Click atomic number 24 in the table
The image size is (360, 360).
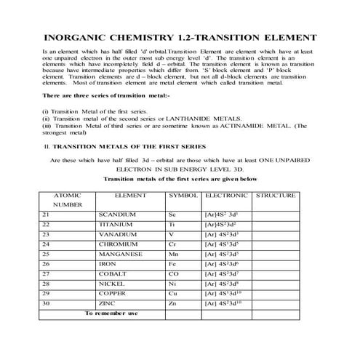tap(46, 245)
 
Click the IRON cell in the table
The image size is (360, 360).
tap(108, 265)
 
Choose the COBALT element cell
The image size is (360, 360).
tap(113, 274)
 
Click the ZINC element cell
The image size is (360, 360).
tap(108, 303)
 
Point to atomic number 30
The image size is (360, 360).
tap(46, 303)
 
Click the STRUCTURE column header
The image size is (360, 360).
tap(276, 196)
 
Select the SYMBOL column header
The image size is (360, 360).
tap(183, 196)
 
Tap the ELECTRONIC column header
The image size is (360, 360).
tap(228, 196)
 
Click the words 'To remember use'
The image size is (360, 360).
tap(111, 313)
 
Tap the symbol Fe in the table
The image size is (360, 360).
tap(172, 265)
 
